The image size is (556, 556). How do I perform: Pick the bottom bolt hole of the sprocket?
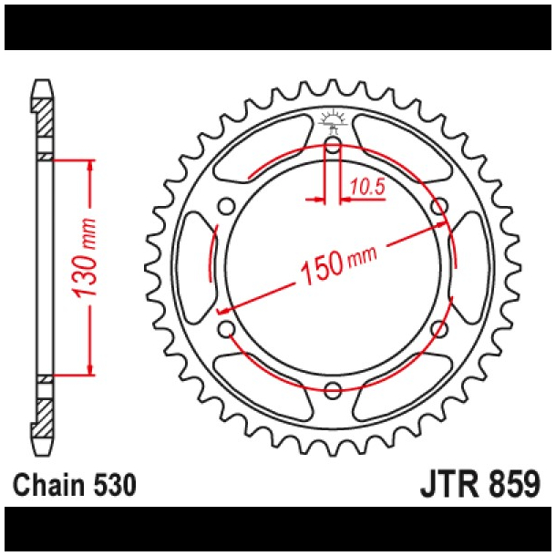click(x=333, y=390)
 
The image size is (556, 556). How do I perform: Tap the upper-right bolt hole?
click(x=439, y=205)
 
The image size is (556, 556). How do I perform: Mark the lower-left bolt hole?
click(x=226, y=328)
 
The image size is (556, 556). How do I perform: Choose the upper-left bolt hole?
click(x=226, y=205)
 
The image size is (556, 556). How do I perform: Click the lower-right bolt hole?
click(x=439, y=328)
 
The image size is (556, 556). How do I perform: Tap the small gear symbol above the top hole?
click(x=333, y=119)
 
